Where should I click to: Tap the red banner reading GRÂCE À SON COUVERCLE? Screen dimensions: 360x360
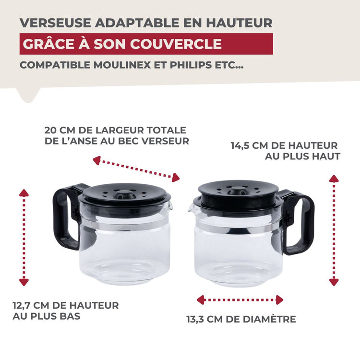point(146,44)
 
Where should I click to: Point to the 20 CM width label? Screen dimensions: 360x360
point(115,135)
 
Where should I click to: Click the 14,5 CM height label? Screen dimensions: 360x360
point(285,150)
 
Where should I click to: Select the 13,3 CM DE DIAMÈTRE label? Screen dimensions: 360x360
point(241,319)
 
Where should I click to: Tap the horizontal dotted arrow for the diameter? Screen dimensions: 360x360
point(240,300)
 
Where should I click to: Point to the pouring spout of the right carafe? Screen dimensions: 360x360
point(192,206)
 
